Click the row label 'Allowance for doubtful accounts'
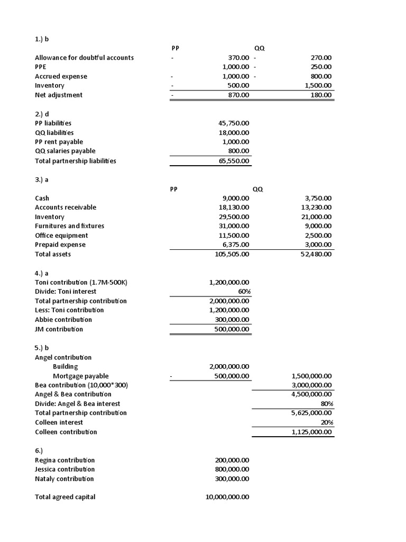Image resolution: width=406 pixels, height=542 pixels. (x=84, y=58)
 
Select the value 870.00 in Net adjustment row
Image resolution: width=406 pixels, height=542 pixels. (x=238, y=95)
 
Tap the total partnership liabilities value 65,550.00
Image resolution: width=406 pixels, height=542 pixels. (x=234, y=161)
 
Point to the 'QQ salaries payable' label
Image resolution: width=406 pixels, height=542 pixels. (x=65, y=151)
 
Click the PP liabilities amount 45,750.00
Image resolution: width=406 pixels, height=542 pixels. (x=234, y=123)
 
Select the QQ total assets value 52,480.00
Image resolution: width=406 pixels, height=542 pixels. (x=316, y=254)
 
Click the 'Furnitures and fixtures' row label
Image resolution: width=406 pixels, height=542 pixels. (x=69, y=226)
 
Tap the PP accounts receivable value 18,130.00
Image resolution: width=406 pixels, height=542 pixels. (x=234, y=207)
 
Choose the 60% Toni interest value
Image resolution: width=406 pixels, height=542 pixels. (x=244, y=292)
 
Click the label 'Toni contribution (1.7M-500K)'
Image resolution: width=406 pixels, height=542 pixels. (x=81, y=282)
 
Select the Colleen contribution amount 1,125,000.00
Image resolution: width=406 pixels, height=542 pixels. (x=312, y=432)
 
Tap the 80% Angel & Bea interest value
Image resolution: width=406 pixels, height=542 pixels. (x=327, y=404)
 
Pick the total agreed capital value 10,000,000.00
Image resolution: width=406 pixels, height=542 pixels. (x=227, y=497)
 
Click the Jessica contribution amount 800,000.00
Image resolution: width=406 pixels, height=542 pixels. (x=232, y=469)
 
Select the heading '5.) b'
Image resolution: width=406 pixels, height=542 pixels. (x=42, y=348)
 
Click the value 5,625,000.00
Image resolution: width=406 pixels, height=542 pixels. (x=312, y=413)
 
